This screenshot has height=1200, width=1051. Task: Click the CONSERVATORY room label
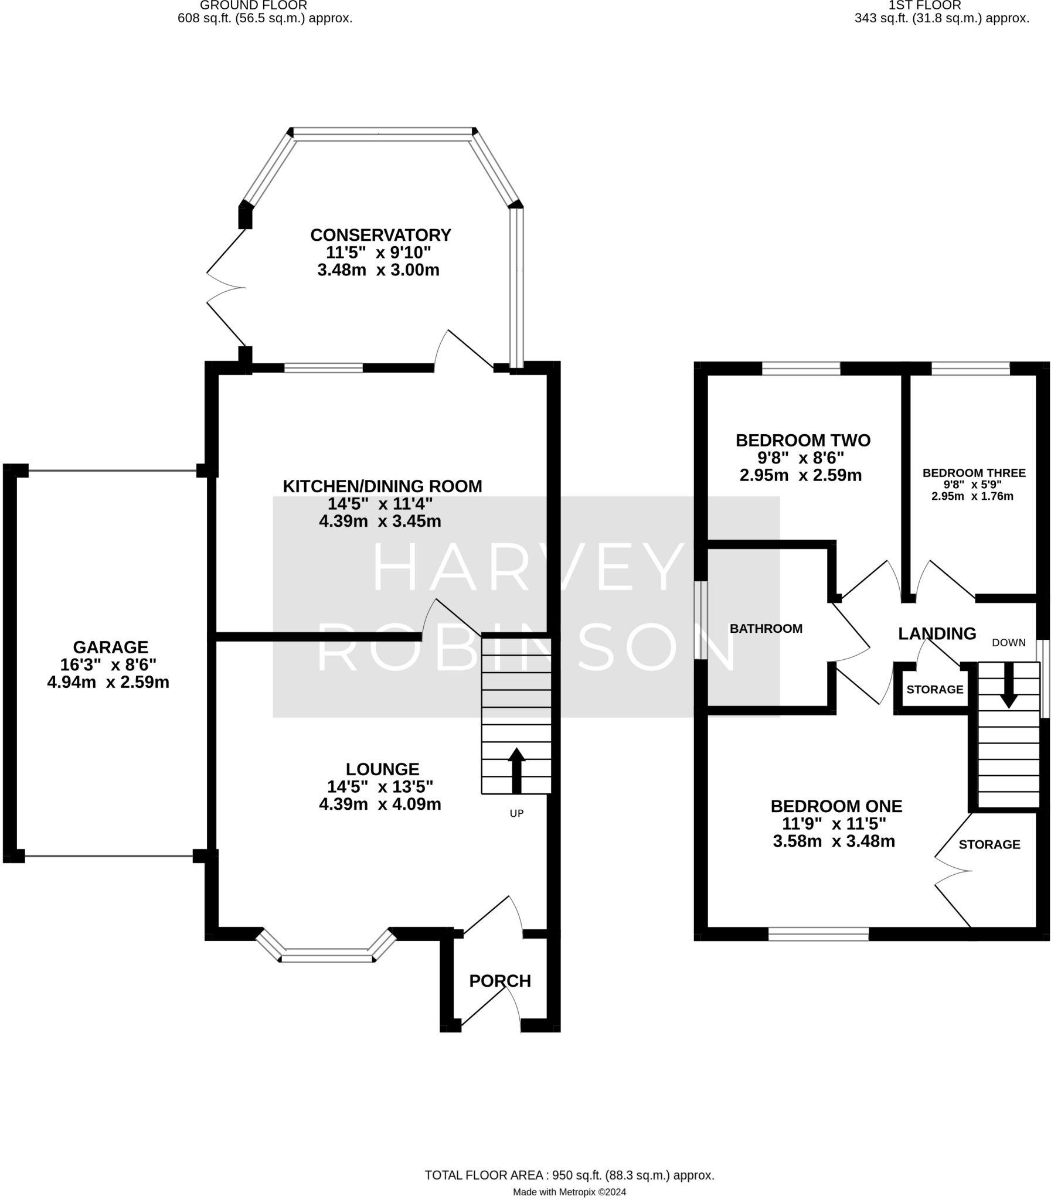coord(380,235)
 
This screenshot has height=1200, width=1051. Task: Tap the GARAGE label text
coord(110,647)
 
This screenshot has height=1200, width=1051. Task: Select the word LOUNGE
coord(382,769)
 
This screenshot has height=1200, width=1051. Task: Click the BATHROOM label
coord(766,629)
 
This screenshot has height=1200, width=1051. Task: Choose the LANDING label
coord(937,634)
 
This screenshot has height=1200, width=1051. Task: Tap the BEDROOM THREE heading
coord(974,473)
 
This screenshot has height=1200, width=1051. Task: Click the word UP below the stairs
coord(516,813)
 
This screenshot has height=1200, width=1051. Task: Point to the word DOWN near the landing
coord(1009,643)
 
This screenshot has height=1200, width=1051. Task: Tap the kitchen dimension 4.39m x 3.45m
coord(380,521)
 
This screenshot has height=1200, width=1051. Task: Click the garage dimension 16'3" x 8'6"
coord(108,665)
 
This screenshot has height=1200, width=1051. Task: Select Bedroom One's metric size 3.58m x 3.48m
coord(834,841)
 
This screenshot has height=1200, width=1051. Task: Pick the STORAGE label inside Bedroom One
coord(989,844)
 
